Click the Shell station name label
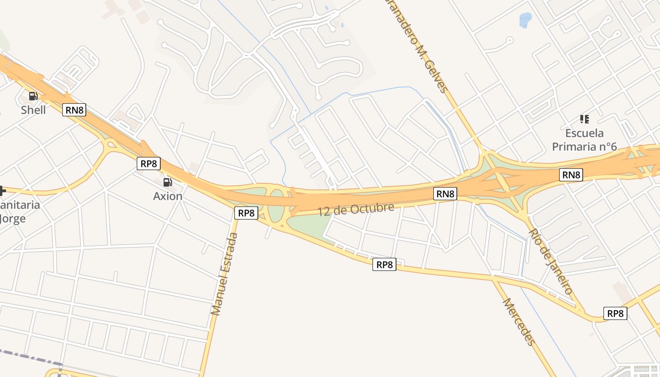pyautogui.click(x=33, y=110)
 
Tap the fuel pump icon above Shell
pyautogui.click(x=33, y=96)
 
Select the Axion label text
pyautogui.click(x=167, y=196)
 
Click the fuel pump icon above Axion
pyautogui.click(x=167, y=182)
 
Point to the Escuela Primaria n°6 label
pyautogui.click(x=585, y=140)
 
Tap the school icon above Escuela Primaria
pyautogui.click(x=585, y=119)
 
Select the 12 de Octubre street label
pyautogui.click(x=355, y=209)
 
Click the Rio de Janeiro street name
pyautogui.click(x=550, y=261)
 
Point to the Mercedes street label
pyautogui.click(x=519, y=321)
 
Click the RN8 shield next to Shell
pyautogui.click(x=74, y=110)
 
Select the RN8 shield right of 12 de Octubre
pyautogui.click(x=445, y=193)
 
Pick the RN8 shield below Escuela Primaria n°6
pyautogui.click(x=571, y=175)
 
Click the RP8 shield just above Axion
pyautogui.click(x=149, y=164)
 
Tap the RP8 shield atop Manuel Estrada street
pyautogui.click(x=246, y=213)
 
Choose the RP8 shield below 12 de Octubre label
pyautogui.click(x=384, y=265)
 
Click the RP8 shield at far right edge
pyautogui.click(x=615, y=313)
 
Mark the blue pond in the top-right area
pyautogui.click(x=525, y=20)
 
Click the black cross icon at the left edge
pyautogui.click(x=2, y=191)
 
